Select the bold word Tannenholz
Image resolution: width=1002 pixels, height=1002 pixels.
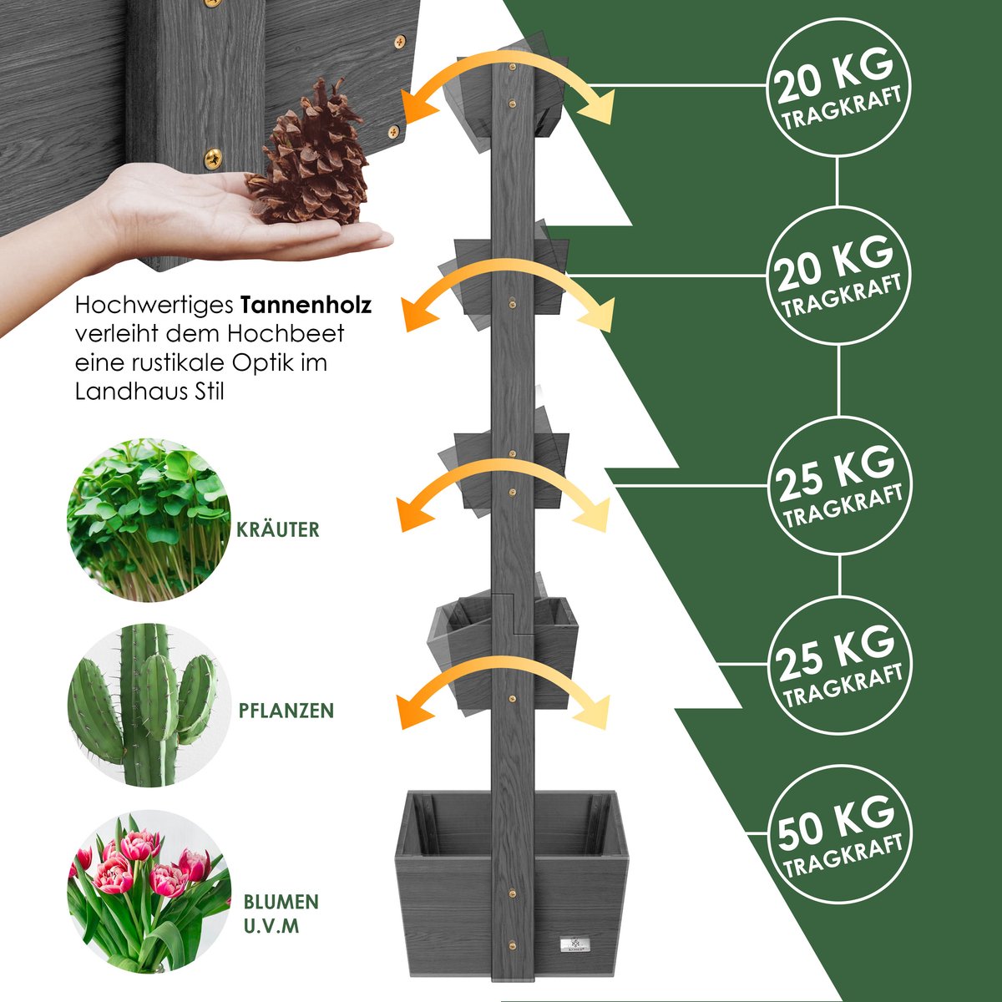coord(306,306)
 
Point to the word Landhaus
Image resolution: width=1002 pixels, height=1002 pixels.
coord(132,392)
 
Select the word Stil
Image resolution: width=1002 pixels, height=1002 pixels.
coord(210,392)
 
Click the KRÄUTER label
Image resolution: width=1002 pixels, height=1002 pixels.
coord(278,529)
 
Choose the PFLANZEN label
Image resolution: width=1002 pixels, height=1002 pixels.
coord(286,711)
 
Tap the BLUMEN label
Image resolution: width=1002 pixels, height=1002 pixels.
coord(281,902)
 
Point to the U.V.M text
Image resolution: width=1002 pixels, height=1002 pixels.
coord(271,927)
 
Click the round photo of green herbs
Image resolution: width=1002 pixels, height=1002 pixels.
coord(149,520)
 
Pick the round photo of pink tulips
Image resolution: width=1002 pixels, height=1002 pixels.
coord(149,892)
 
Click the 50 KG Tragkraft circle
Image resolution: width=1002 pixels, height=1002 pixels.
coord(840,834)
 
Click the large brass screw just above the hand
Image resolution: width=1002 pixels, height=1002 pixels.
coord(213,158)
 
